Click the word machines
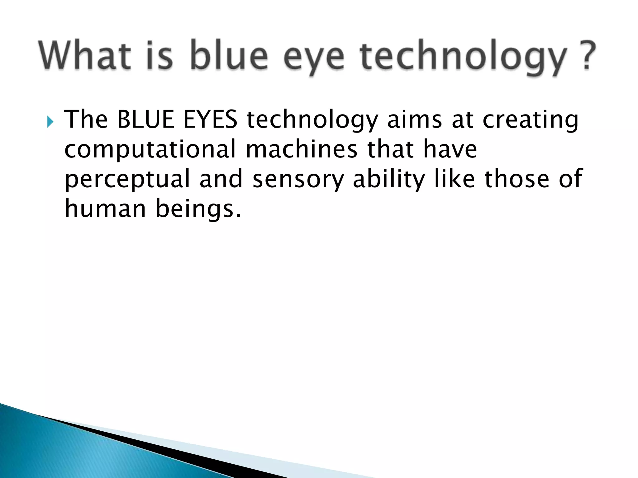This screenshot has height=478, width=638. [x=301, y=149]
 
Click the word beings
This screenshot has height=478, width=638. [x=198, y=209]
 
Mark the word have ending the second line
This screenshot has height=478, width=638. [x=450, y=149]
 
